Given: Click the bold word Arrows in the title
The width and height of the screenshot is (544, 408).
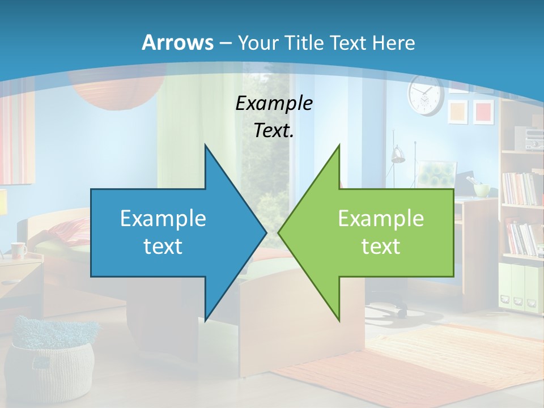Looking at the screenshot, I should pos(177,42).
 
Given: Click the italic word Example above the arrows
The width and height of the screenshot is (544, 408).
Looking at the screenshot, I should pos(274,103).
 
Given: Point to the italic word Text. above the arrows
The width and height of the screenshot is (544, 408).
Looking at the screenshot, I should pos(274,130).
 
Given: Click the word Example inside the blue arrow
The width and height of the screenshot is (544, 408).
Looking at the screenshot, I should pos(163,218).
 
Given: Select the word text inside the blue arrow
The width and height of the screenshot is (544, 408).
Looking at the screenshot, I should pos(163,246).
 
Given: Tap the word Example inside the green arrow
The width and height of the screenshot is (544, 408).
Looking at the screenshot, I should pos(381,218).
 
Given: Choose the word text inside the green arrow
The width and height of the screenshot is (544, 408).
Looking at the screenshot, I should pos(381,246).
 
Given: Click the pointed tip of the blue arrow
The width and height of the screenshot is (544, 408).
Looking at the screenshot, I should pos(265,232).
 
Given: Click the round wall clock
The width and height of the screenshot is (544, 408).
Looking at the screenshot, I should pos(425,95).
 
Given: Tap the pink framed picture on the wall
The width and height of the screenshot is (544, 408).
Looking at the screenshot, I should pos(483,110).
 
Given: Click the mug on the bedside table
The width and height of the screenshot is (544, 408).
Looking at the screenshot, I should pos(18,249).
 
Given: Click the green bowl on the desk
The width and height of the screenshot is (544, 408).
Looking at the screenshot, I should pos(482,190).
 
